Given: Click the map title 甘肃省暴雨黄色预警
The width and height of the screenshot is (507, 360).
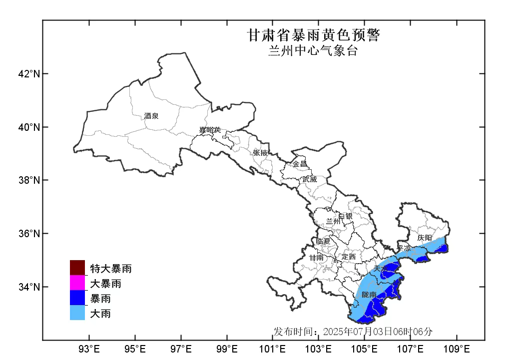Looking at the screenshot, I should tap(314, 35).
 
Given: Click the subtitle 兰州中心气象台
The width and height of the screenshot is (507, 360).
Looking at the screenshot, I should tap(313, 51).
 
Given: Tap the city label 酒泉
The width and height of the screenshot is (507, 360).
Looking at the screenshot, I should tap(151, 116).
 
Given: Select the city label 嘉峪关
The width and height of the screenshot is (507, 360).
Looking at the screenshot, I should tap(210, 130).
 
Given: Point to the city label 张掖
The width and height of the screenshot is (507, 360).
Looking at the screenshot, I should tap(260, 153).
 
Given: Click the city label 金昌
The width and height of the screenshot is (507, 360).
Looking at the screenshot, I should tap(300, 164).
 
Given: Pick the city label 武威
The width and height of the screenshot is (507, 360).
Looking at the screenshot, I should tap(309, 179).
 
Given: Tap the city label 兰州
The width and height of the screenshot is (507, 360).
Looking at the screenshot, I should tap(333, 221).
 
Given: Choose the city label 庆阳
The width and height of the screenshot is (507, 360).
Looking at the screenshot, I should tap(425, 238).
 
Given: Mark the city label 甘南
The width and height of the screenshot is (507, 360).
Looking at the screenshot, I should tap(316, 258).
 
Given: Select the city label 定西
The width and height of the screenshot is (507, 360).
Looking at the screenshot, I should tap(348, 257).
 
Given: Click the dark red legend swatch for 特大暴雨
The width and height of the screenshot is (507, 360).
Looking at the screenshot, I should tap(77, 268).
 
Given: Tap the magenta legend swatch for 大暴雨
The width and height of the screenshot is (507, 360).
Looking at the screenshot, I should tap(77, 283).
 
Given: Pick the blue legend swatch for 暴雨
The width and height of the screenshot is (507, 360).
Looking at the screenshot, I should tap(77, 299).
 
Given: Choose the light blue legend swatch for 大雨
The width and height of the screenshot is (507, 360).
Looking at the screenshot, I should tap(77, 314).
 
